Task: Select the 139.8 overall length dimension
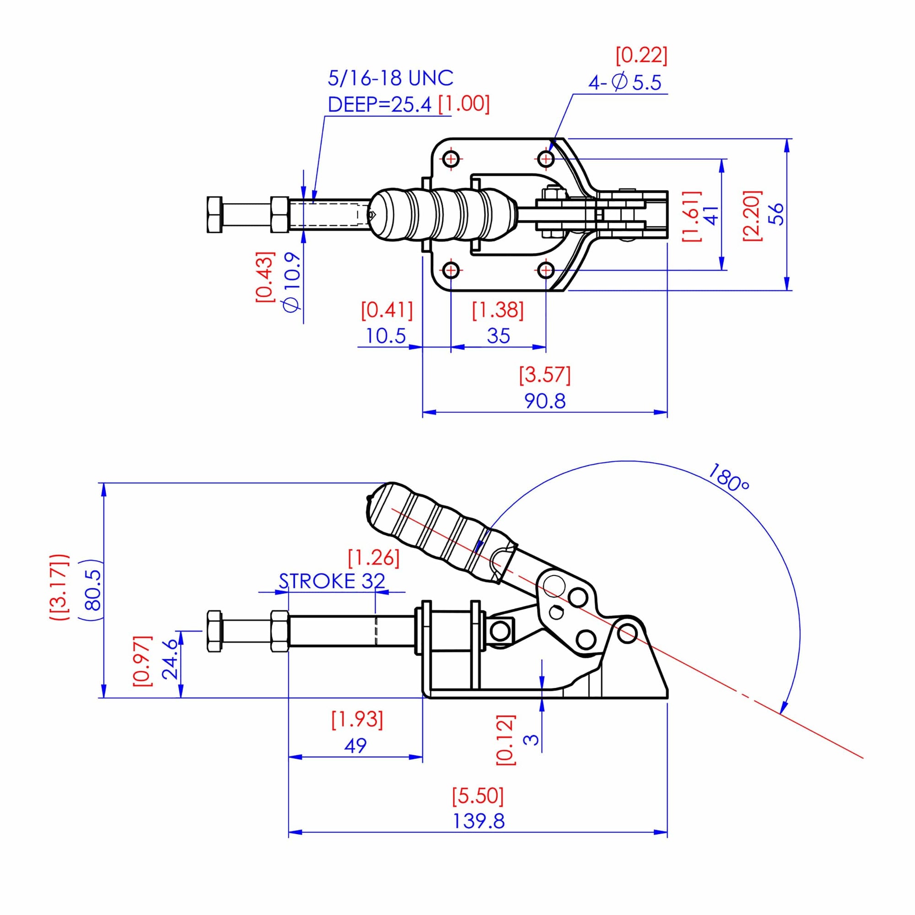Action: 479,821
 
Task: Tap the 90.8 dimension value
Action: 544,401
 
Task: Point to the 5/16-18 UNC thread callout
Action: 390,78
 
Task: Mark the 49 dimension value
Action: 355,746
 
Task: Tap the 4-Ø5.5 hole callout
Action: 624,83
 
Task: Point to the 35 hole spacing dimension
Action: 498,336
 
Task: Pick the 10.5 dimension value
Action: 386,336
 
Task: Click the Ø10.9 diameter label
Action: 292,282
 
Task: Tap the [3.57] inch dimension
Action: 544,375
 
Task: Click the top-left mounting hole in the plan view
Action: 452,158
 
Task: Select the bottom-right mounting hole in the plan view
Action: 546,271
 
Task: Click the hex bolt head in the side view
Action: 214,631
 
